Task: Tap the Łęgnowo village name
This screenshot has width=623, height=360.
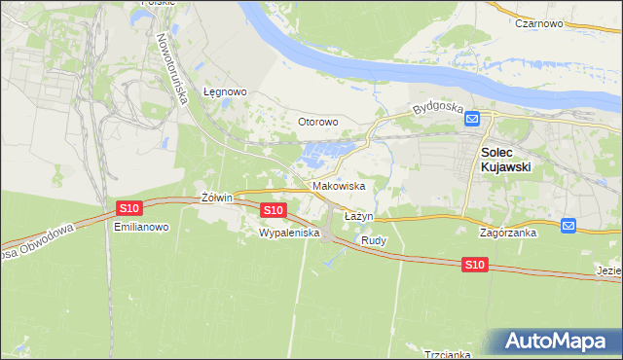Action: click(x=225, y=92)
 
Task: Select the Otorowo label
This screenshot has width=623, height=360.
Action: click(x=317, y=122)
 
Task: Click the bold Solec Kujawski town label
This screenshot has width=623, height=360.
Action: click(x=505, y=160)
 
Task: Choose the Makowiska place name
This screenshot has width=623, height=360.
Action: click(x=339, y=185)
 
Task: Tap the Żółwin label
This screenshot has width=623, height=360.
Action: click(x=216, y=197)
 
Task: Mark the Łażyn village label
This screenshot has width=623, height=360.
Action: click(x=359, y=215)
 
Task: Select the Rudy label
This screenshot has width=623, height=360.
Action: click(x=374, y=239)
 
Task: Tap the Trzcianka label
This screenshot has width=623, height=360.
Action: click(x=448, y=354)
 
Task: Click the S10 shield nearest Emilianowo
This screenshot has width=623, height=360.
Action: click(x=129, y=207)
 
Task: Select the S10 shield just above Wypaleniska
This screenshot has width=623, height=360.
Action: click(x=274, y=210)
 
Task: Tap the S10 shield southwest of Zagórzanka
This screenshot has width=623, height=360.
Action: click(x=474, y=265)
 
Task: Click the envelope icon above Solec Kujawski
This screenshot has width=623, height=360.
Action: click(x=472, y=119)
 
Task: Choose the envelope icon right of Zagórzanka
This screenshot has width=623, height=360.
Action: click(x=568, y=226)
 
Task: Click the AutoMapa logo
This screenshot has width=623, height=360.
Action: click(x=557, y=342)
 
